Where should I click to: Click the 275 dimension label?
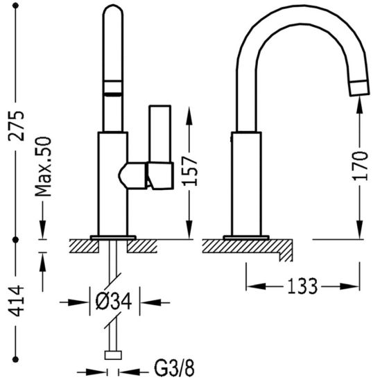click(x=16, y=126)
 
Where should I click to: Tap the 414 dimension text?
click(x=16, y=301)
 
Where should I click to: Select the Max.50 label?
click(x=44, y=166)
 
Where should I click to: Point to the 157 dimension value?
click(x=190, y=171)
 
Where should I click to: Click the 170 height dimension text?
click(x=360, y=166)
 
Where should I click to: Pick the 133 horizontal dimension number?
click(x=302, y=286)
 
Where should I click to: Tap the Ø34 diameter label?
click(x=114, y=301)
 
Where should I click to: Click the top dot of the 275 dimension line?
click(x=16, y=6)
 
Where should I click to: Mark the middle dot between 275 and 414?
click(x=16, y=240)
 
